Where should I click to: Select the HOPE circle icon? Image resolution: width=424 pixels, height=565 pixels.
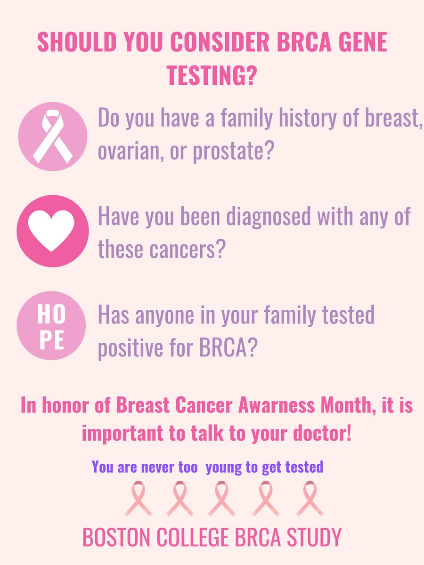[x=52, y=326]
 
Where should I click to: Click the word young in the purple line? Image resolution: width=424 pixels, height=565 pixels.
[x=223, y=467]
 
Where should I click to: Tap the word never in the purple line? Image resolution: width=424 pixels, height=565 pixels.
[x=155, y=467]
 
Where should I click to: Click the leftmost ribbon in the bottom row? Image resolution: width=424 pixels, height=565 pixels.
[x=138, y=498]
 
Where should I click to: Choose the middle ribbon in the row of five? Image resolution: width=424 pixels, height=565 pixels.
[x=221, y=498]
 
